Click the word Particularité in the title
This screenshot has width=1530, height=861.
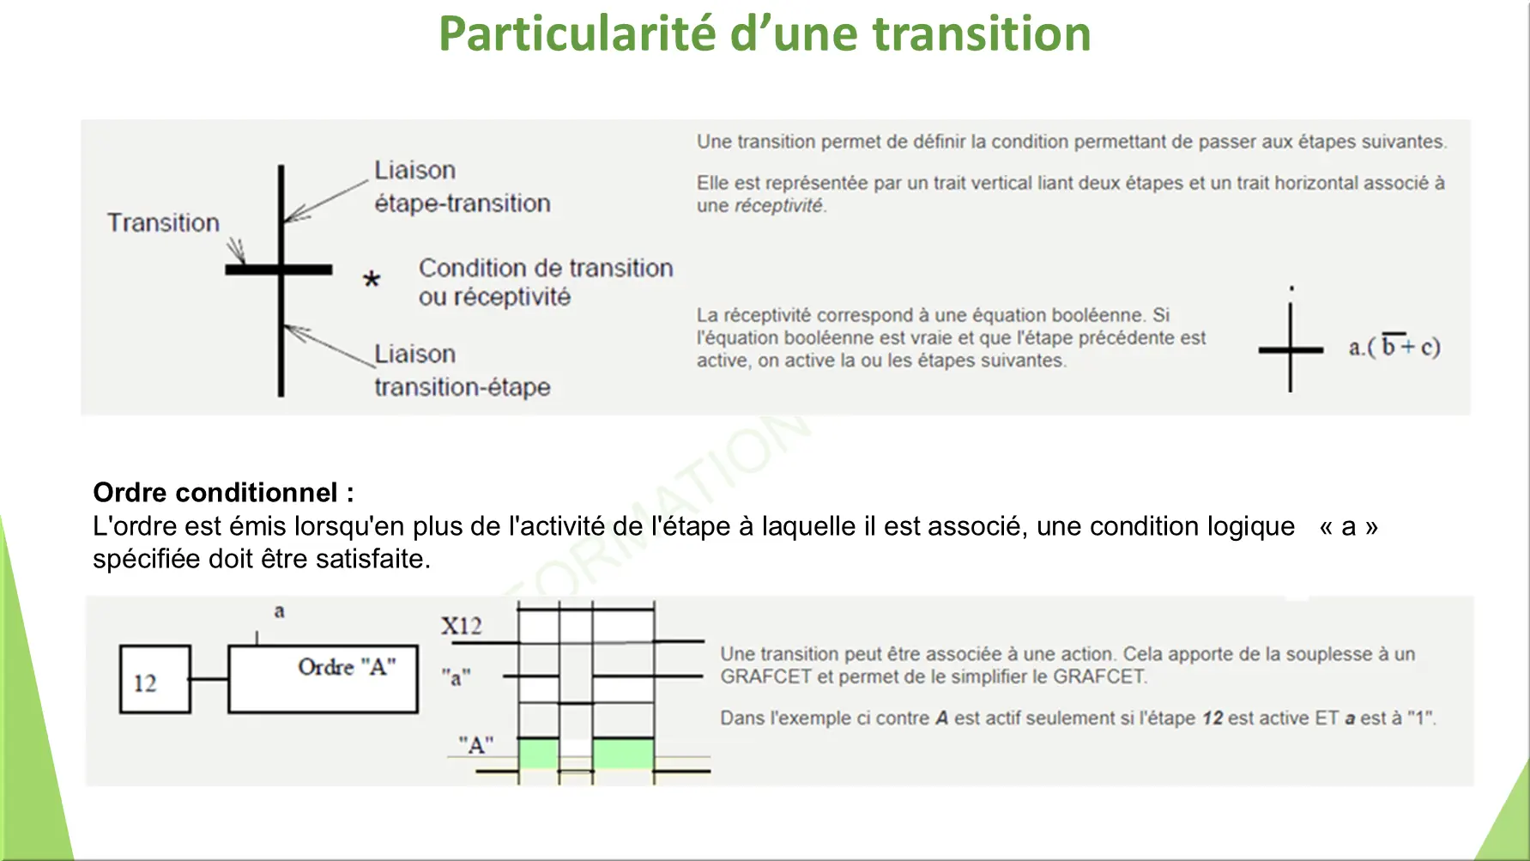[x=578, y=34]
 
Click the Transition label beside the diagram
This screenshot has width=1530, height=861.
[x=163, y=223]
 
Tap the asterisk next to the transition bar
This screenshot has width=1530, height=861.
[x=372, y=279]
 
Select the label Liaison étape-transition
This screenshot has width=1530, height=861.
[x=463, y=186]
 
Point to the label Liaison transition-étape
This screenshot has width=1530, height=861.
[x=463, y=370]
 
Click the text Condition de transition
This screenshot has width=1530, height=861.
[x=546, y=268]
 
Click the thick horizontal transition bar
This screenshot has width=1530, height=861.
[x=279, y=270]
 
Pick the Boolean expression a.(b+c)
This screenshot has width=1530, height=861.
[x=1394, y=346]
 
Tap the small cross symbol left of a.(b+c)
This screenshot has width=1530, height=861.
[x=1291, y=349]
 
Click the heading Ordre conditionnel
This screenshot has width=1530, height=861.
[x=223, y=493]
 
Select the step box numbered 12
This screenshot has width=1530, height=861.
[x=155, y=679]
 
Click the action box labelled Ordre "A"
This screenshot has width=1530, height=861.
[x=324, y=679]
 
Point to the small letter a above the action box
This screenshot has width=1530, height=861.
[x=279, y=611]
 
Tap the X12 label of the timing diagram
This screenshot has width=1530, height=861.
[x=462, y=626]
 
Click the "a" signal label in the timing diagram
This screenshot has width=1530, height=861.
[x=456, y=677]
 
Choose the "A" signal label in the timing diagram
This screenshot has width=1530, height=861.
[x=476, y=744]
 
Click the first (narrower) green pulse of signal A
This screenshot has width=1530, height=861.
[x=539, y=754]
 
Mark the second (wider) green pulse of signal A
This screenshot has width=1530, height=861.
[x=624, y=754]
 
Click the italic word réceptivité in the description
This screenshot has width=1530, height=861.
[x=778, y=206]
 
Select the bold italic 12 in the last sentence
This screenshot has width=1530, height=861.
[x=1213, y=718]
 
